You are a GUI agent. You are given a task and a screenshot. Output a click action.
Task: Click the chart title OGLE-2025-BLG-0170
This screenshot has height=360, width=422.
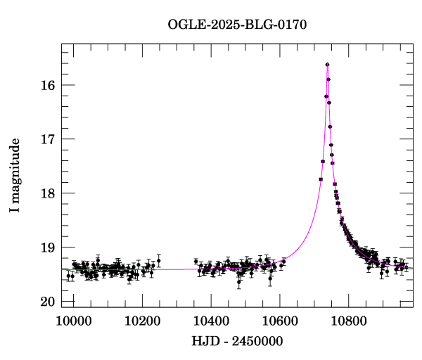[237, 24]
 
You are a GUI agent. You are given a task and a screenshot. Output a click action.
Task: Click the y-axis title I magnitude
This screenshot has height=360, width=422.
[15, 176]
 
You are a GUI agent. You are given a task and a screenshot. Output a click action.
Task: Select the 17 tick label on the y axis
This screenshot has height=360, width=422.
[47, 139]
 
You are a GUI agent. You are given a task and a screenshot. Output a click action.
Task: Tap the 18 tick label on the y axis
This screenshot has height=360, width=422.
[47, 193]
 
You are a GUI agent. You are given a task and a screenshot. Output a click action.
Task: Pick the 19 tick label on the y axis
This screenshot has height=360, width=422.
[47, 247]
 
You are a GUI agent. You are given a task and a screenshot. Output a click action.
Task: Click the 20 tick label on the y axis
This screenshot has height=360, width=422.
[47, 302]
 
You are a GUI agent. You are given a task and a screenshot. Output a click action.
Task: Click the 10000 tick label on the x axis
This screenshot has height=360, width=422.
[73, 320]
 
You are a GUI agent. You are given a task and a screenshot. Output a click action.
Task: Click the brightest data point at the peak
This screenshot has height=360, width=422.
[327, 65]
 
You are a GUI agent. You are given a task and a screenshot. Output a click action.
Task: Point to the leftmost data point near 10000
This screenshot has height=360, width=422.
[68, 276]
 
